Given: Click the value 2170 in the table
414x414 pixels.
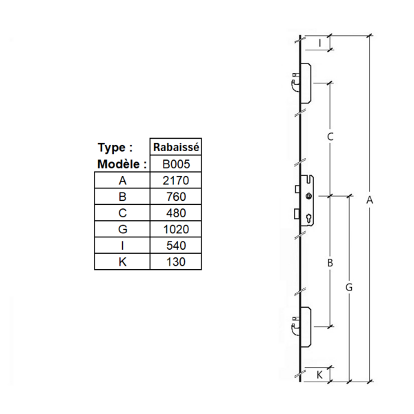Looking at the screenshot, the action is coord(176,181).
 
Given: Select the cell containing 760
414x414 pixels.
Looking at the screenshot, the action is coord(176,197).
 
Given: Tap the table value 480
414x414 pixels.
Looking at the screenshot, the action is coord(176,213).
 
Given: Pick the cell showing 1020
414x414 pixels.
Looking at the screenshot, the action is coord(176,229).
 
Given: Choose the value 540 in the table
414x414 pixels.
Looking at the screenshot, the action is coord(176,246).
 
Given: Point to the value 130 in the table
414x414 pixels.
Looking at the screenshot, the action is coord(176,262).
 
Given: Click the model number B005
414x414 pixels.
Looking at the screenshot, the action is coord(176,164).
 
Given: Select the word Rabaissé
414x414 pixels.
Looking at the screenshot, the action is coord(176,147).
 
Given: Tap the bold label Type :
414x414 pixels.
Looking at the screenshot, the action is coord(115,148).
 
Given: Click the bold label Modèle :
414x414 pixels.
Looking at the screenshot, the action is coord(122,164).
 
